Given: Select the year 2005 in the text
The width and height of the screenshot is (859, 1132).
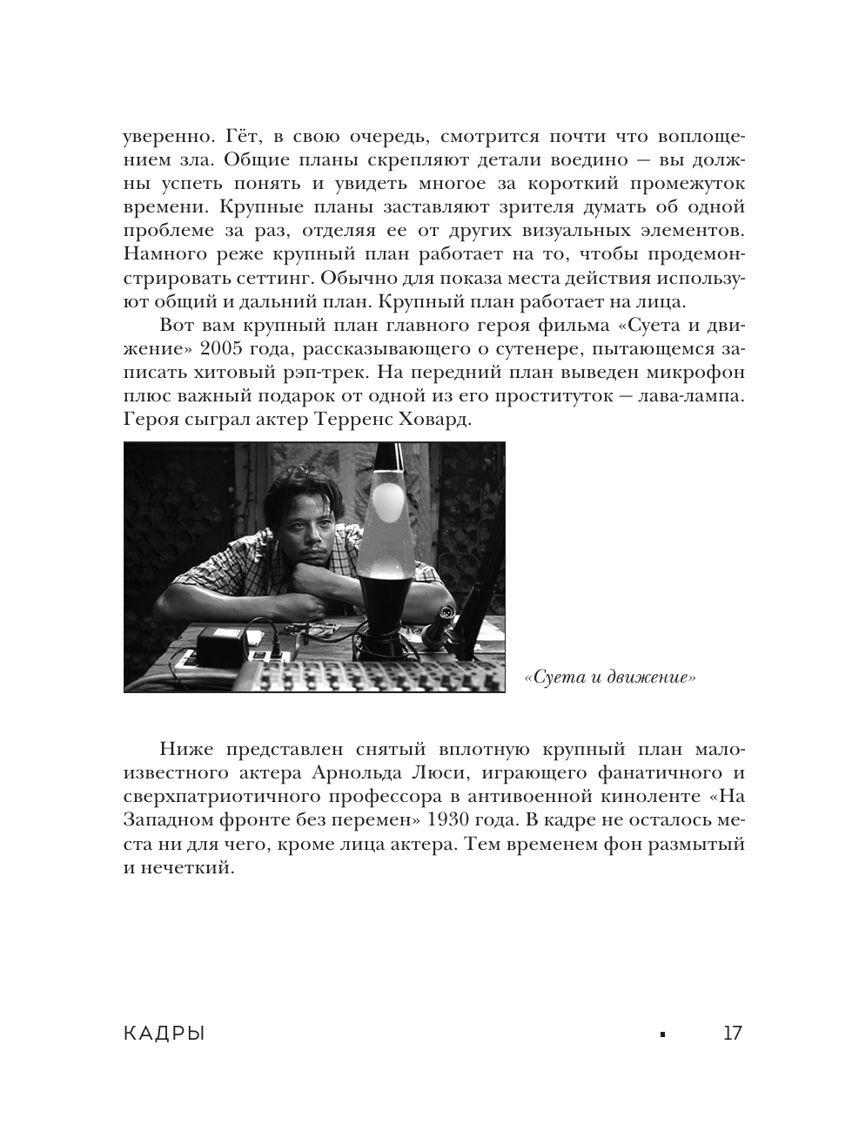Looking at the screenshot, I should coord(225,350).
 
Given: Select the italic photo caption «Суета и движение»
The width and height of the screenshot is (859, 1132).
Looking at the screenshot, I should coord(609,677).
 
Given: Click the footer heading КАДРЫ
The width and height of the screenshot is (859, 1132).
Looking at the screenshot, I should coord(165,1034).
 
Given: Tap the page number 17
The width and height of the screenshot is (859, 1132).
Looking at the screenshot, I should coord(732,1034).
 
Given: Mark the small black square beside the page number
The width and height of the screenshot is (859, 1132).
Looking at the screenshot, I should coord(662,1034).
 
